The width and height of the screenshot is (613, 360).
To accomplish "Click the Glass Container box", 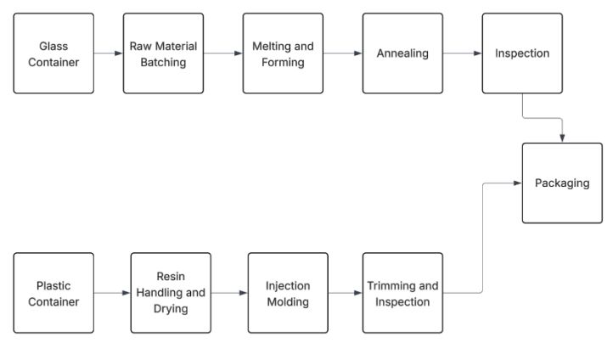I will (53, 53).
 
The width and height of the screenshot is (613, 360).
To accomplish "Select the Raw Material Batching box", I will (163, 53).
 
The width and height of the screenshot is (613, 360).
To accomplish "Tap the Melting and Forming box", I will (283, 53).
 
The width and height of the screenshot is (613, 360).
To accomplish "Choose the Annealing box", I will (402, 53).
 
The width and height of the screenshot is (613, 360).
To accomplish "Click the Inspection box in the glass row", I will (522, 53).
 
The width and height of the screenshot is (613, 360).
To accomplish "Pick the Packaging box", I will (561, 183).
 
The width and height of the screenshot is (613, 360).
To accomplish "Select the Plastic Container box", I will (53, 293).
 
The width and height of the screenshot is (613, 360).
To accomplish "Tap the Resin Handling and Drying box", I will (171, 293).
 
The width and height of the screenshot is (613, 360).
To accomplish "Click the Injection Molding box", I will (288, 293).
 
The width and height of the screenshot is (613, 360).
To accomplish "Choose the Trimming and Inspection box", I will (402, 293).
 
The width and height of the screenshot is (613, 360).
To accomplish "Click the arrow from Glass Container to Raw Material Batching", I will (108, 53).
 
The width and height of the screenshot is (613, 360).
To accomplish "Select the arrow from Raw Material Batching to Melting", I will (223, 53).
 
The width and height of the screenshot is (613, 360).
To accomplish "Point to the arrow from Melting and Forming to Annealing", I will (343, 53).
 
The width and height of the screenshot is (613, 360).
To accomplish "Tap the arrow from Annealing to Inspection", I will (463, 53).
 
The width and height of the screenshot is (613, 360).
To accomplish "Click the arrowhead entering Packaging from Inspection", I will (562, 138).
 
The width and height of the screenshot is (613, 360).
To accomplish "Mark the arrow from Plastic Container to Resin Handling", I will (112, 293).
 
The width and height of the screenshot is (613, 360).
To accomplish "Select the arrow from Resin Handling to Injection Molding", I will (229, 293).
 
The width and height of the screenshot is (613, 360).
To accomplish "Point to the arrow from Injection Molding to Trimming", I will (346, 293).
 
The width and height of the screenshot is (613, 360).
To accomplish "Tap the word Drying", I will (171, 308).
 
